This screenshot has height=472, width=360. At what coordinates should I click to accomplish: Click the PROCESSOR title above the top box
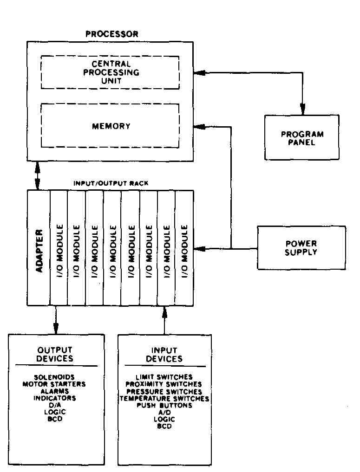pyautogui.click(x=112, y=34)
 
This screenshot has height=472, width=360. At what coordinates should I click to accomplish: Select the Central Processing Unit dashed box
pyautogui.click(x=110, y=56)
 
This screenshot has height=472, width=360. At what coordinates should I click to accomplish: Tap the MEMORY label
pyautogui.click(x=111, y=126)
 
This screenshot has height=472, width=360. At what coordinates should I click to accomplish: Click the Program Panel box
pyautogui.click(x=302, y=115)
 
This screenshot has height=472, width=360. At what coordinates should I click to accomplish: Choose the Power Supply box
pyautogui.click(x=301, y=226)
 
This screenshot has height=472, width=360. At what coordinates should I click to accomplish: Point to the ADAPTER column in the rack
pyautogui.click(x=39, y=248)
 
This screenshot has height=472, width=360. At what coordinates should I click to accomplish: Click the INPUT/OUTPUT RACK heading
pyautogui.click(x=111, y=183)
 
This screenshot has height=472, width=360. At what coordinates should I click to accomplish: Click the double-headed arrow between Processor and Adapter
pyautogui.click(x=37, y=176)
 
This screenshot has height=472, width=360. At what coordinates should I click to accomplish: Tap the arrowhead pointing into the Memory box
pyautogui.click(x=199, y=127)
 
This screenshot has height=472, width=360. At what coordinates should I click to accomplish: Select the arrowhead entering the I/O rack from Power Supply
pyautogui.click(x=199, y=249)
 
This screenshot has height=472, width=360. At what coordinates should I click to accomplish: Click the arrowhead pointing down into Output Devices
pyautogui.click(x=56, y=329)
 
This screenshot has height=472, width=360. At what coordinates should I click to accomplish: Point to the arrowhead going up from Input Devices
pyautogui.click(x=164, y=312)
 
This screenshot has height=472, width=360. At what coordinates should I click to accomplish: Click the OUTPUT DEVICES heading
pyautogui.click(x=55, y=354)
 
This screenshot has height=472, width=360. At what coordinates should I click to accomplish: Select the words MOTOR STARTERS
pyautogui.click(x=54, y=384)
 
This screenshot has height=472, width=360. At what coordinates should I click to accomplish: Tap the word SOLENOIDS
pyautogui.click(x=54, y=377)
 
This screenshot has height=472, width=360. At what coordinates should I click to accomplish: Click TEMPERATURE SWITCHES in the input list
pyautogui.click(x=164, y=399)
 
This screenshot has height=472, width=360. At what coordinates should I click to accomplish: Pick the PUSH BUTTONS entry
pyautogui.click(x=164, y=406)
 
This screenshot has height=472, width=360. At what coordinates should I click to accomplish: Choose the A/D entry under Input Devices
pyautogui.click(x=164, y=413)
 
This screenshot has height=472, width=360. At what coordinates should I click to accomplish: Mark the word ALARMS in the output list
pyautogui.click(x=54, y=391)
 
